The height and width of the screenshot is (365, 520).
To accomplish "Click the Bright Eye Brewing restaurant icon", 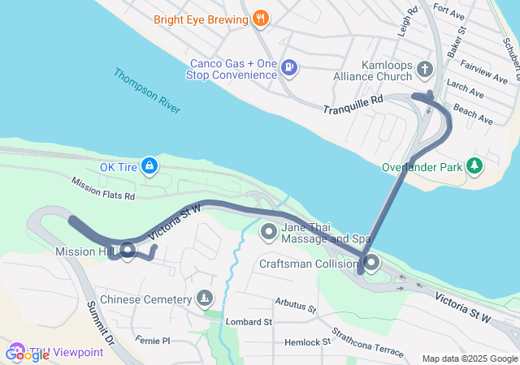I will pyautogui.click(x=260, y=18).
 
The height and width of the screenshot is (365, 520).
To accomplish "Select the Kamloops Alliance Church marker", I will pyautogui.click(x=424, y=69).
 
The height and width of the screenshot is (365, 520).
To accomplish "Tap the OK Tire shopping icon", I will pyautogui.click(x=149, y=167).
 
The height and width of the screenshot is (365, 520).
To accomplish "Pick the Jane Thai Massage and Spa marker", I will pyautogui.click(x=269, y=233).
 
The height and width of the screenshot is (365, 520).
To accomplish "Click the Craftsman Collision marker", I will pyautogui.click(x=371, y=264).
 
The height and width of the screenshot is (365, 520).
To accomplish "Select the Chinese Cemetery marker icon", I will pyautogui.click(x=204, y=299).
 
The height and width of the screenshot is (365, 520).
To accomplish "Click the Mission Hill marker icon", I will pyautogui.click(x=127, y=251).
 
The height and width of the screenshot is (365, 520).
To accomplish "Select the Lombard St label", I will pyautogui.click(x=249, y=322).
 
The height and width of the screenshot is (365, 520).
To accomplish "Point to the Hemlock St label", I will pyautogui.click(x=306, y=342).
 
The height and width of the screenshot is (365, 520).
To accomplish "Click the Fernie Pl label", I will pyautogui.click(x=153, y=340).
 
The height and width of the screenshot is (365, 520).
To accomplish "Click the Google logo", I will pyautogui.click(x=27, y=354).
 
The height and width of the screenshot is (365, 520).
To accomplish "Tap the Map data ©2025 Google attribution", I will pyautogui.click(x=469, y=359).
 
